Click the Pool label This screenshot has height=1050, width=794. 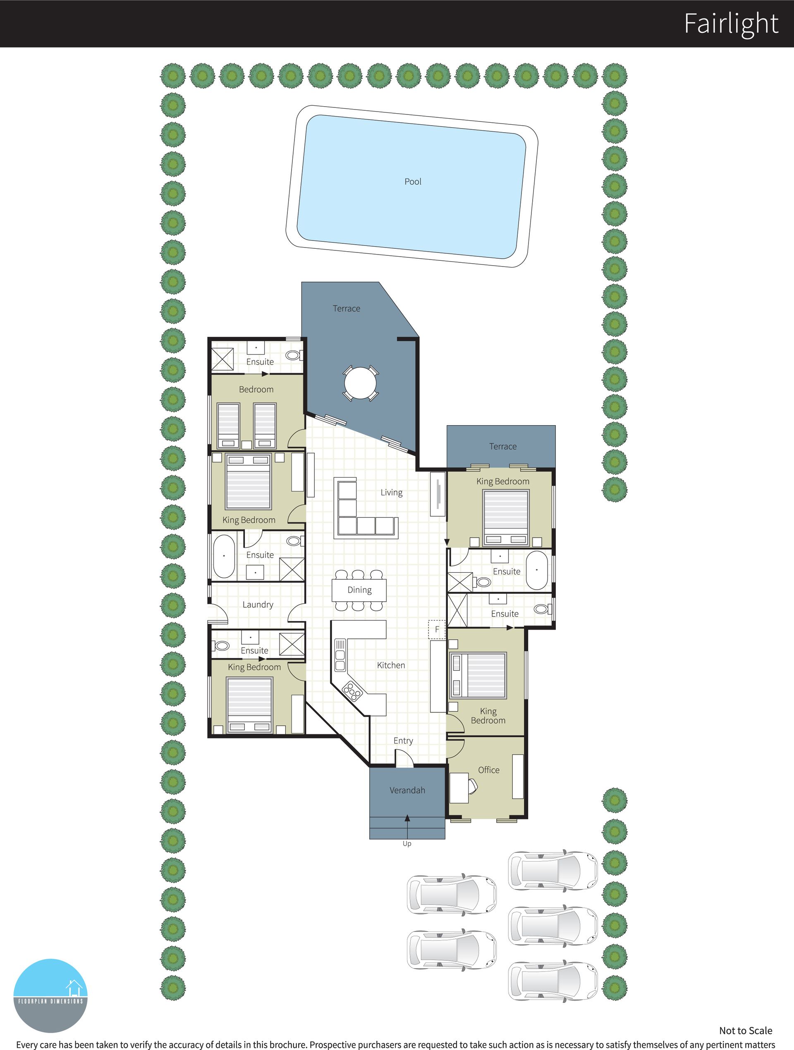tap(413, 181)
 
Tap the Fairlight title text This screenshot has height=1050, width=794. tap(731, 24)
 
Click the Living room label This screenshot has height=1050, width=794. tap(392, 493)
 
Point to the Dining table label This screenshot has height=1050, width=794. tap(359, 590)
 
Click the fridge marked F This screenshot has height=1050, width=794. tap(437, 630)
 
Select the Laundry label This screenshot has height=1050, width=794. tap(258, 605)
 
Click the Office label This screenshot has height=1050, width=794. tap(488, 770)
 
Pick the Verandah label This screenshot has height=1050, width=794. tap(407, 790)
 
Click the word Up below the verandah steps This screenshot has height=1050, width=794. tap(407, 843)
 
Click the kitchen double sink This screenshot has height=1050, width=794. tap(340, 655)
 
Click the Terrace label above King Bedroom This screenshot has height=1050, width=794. tap(503, 447)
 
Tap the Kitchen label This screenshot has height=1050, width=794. tap(391, 666)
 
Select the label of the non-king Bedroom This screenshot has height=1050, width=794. tap(256, 390)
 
